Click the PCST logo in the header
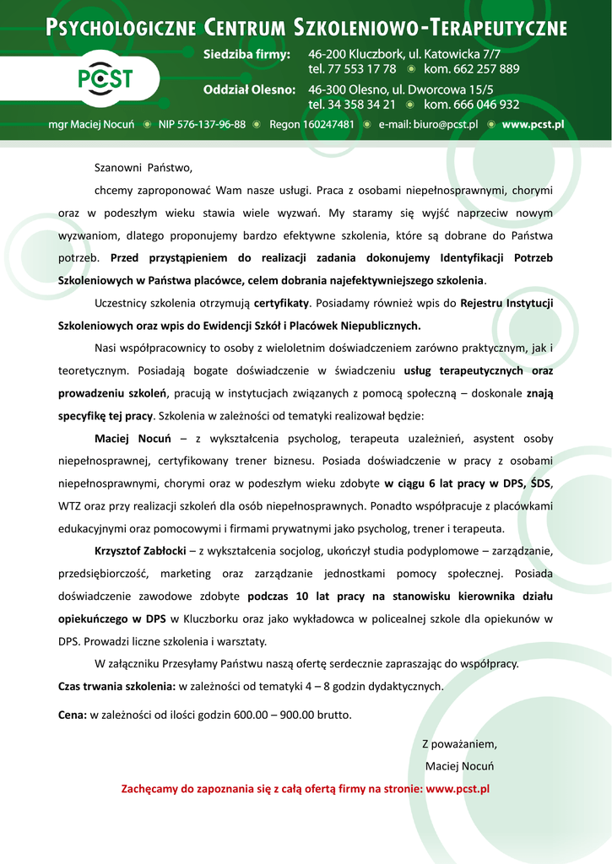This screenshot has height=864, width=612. (x=106, y=78)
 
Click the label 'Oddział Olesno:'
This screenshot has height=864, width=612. (x=249, y=89)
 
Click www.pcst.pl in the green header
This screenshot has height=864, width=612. (x=533, y=124)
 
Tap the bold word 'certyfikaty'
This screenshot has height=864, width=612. (x=282, y=302)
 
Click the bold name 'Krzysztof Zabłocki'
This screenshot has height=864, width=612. (x=140, y=551)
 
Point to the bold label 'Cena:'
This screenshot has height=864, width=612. (x=73, y=715)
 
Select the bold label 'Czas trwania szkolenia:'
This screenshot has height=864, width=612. (x=116, y=686)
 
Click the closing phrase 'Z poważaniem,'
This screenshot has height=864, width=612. (x=459, y=743)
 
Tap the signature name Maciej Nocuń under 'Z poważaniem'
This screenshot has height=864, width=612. (x=459, y=766)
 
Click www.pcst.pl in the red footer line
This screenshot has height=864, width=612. (x=458, y=789)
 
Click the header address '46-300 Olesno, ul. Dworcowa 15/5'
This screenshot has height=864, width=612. (x=401, y=89)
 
